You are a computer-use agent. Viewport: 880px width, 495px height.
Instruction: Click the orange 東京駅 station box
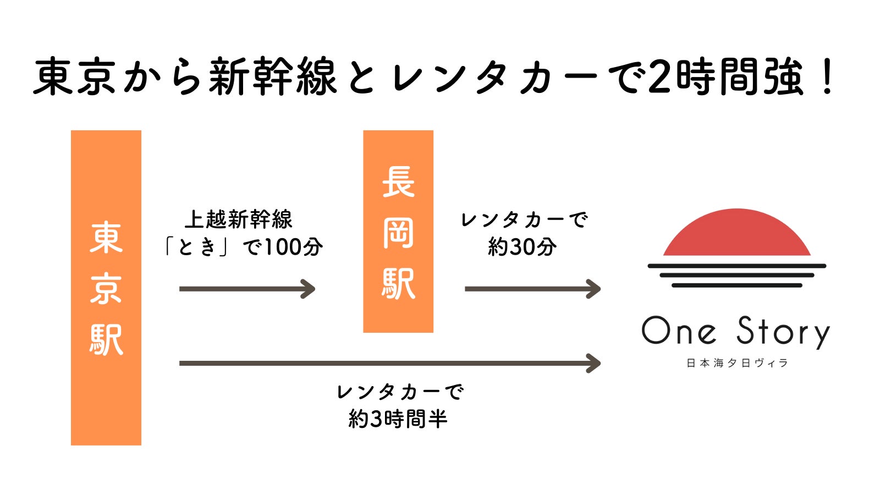[x=106, y=287]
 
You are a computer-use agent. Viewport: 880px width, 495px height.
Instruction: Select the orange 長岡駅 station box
[x=398, y=231]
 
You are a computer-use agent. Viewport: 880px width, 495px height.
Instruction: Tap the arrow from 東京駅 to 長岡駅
[x=247, y=289]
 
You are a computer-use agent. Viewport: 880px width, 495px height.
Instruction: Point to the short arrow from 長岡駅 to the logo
[x=532, y=289]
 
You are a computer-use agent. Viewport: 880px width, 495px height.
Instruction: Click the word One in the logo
[x=679, y=331]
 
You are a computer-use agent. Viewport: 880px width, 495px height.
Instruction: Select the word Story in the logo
[x=782, y=332]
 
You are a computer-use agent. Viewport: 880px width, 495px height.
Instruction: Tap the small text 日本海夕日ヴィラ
[x=737, y=363]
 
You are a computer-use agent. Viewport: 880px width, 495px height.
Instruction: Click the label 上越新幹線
[x=238, y=219]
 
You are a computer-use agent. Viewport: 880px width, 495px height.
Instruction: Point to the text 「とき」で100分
[x=242, y=247]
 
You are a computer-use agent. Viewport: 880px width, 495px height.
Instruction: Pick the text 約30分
[x=522, y=247]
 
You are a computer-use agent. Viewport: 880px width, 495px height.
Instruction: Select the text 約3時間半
[x=398, y=419]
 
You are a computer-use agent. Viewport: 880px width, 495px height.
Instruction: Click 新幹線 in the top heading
[x=272, y=77]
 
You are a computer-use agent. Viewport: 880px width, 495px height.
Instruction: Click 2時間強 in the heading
[x=725, y=77]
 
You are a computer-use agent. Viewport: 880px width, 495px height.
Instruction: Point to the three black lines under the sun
[x=736, y=276]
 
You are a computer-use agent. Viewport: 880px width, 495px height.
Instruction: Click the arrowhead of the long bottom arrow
[x=594, y=363]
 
